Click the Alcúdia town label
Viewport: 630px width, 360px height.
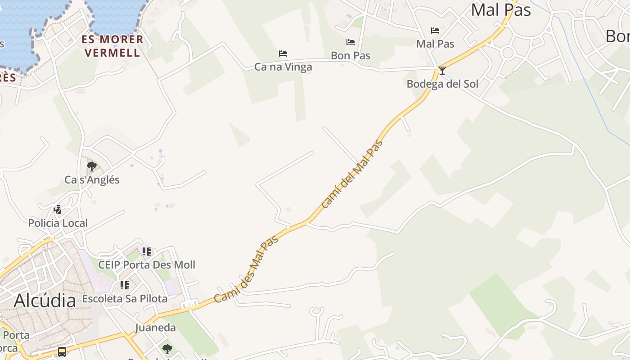(x=45, y=301)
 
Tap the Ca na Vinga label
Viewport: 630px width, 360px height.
(x=283, y=67)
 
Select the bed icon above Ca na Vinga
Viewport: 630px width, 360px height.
(x=283, y=53)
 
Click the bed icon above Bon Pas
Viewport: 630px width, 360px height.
(x=351, y=42)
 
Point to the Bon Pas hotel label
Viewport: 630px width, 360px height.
(x=351, y=55)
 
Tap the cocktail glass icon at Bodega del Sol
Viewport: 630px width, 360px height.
(x=442, y=70)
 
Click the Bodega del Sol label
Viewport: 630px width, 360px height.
(x=442, y=84)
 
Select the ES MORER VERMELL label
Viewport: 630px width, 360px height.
(x=112, y=46)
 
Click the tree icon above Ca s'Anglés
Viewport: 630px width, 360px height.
(x=92, y=166)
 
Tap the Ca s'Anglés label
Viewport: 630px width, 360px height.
(x=92, y=180)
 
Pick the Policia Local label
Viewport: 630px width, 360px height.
(x=58, y=223)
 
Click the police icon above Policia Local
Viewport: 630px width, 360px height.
(x=58, y=209)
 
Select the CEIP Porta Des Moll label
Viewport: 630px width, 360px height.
(x=147, y=265)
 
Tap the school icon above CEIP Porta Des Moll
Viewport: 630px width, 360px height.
(x=147, y=251)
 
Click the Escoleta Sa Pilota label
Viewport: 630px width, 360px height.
(x=125, y=298)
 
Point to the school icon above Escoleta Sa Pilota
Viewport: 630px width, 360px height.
(x=125, y=285)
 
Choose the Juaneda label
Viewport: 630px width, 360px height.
(x=155, y=327)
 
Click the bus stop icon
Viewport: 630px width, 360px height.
(x=62, y=351)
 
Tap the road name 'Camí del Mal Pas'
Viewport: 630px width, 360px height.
(x=353, y=174)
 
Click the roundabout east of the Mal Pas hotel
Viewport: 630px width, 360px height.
(x=508, y=53)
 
